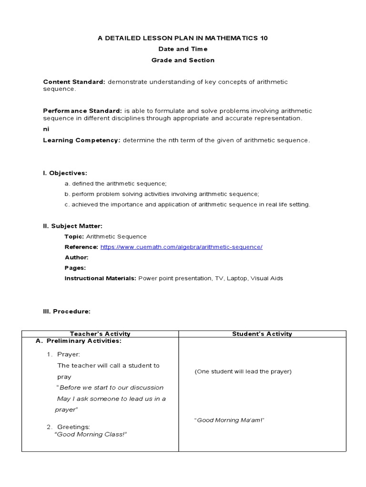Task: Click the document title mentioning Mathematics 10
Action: click(183, 38)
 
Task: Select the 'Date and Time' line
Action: click(183, 49)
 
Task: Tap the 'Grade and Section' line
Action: click(183, 60)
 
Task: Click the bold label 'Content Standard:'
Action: click(74, 82)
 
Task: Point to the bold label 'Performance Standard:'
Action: click(82, 110)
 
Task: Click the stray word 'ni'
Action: click(46, 129)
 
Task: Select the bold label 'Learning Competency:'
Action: click(81, 140)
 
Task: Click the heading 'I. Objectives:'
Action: click(65, 173)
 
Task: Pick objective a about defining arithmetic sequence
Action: click(115, 184)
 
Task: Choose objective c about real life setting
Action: click(187, 205)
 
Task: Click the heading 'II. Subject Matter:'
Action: click(72, 226)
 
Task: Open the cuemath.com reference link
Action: click(181, 247)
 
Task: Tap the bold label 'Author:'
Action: click(76, 257)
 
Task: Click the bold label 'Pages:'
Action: click(75, 268)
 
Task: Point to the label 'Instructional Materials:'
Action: click(100, 278)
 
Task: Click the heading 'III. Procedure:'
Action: click(66, 311)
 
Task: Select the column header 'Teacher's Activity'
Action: click(100, 334)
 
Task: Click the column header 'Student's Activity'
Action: click(262, 334)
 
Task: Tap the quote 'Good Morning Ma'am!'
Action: click(229, 420)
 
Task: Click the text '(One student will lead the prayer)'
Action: click(243, 371)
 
